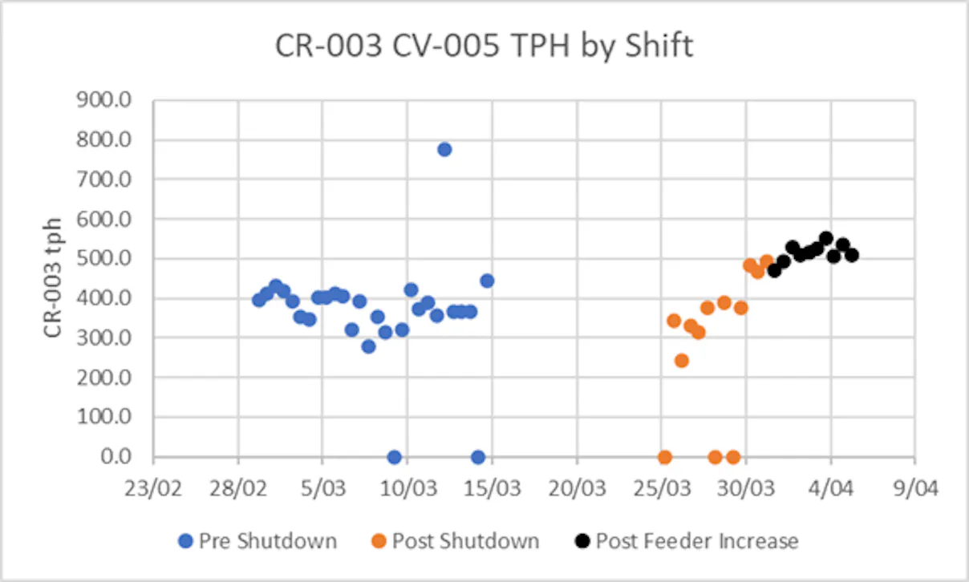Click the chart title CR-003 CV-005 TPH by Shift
[x=484, y=46]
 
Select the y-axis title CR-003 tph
[x=53, y=277]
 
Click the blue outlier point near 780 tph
[x=444, y=150]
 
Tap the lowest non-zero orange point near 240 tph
[x=681, y=361]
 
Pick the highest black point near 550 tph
[x=825, y=238]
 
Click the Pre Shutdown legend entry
[x=257, y=541]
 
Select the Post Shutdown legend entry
[x=456, y=541]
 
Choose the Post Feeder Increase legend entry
[x=687, y=541]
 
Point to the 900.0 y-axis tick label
[x=103, y=100]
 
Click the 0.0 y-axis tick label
[x=116, y=457]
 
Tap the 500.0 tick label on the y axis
[x=103, y=259]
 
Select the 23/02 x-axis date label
[x=153, y=488]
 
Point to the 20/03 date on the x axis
[x=577, y=488]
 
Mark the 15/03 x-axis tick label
[x=493, y=488]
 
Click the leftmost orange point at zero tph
[x=664, y=457]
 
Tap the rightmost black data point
[x=852, y=256]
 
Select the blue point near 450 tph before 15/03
[x=487, y=281]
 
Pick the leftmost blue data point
[x=258, y=300]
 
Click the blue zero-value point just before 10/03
[x=394, y=457]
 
